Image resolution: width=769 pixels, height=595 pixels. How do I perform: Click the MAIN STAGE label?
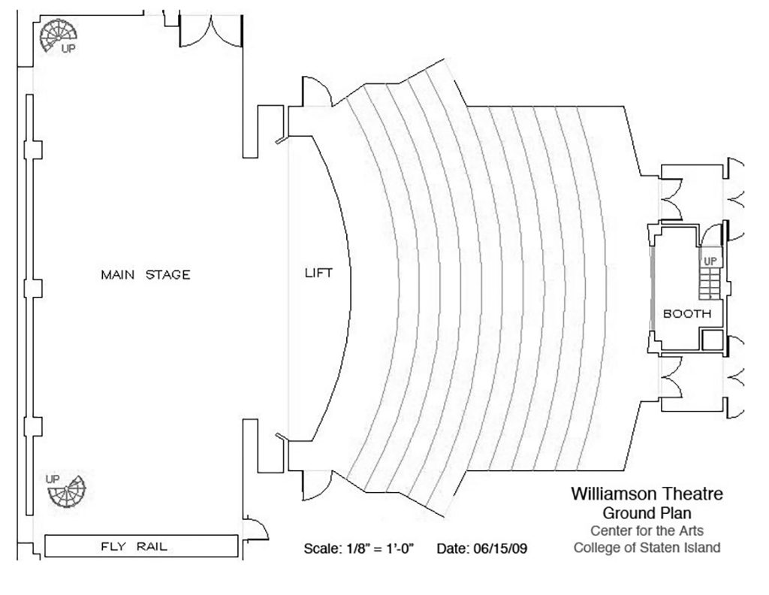[x=145, y=275]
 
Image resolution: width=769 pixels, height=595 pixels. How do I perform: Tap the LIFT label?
[x=318, y=273]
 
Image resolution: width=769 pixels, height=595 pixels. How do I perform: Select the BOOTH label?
[x=686, y=313]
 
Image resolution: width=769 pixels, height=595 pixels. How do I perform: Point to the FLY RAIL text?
[x=134, y=546]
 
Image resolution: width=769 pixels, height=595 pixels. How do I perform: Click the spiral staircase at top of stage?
[x=58, y=35]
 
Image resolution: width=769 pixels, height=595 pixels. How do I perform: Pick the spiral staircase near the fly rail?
[x=67, y=491]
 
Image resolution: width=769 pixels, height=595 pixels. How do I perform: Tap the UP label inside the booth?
[x=710, y=261]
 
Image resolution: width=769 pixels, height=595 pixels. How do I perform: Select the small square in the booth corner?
[x=712, y=340]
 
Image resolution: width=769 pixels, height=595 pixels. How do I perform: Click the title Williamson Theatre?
[x=647, y=494]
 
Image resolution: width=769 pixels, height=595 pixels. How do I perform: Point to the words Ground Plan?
[x=647, y=513]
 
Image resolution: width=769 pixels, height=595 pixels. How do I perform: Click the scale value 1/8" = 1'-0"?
[x=381, y=548]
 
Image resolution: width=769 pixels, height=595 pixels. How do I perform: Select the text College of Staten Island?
[x=647, y=548]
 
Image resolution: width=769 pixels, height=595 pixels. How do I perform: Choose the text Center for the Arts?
[x=647, y=530]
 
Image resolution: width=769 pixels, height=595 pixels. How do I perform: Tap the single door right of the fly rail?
[x=255, y=529]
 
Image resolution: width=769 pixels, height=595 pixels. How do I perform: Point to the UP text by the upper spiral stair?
[x=68, y=49]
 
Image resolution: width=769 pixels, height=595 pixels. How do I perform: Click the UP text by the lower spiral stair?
[x=53, y=479]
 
